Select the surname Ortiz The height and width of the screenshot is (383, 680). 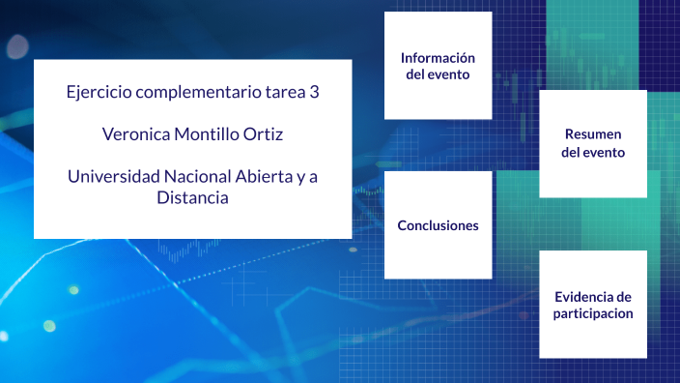coord(264,135)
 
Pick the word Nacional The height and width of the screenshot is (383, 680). coord(196,177)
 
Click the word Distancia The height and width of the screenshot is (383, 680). coord(192,197)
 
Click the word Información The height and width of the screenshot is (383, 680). coord(438,58)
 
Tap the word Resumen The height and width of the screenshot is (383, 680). coord(593,134)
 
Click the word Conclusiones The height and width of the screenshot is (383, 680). coord(438,225)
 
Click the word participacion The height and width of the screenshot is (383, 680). coord(593,314)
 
